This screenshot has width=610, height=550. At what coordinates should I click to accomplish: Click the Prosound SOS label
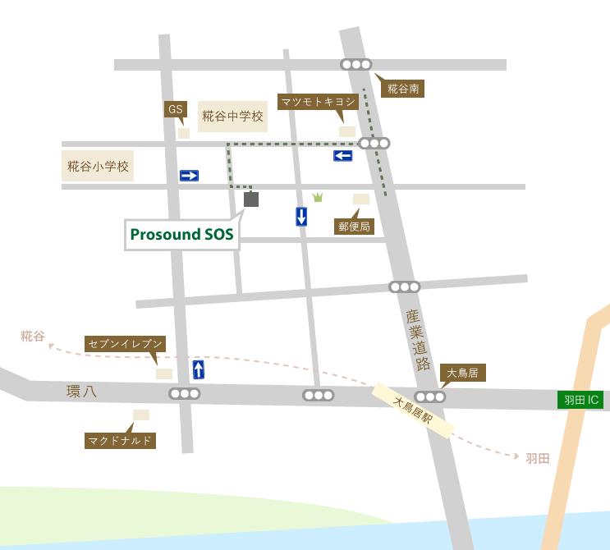point(181,235)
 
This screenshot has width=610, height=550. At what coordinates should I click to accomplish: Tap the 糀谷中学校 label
point(233,117)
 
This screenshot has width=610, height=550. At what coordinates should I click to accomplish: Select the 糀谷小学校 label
point(98,166)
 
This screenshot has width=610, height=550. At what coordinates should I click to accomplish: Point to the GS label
point(175,109)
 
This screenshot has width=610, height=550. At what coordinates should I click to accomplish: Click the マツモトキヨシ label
point(318,102)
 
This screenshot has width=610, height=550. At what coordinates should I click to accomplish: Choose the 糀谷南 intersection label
point(402,89)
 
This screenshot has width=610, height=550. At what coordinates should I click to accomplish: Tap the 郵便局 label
point(355,227)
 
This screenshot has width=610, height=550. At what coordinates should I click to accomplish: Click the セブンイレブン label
point(126,344)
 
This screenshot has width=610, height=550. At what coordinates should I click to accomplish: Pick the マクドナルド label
point(120,441)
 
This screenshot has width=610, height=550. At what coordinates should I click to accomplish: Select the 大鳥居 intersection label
point(463,373)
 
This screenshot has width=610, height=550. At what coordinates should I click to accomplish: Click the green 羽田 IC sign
point(580,400)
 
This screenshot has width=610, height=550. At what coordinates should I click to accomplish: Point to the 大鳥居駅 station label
point(413,410)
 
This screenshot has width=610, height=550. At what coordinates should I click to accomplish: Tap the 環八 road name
point(81,392)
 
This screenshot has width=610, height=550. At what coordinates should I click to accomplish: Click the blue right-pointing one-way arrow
point(189,176)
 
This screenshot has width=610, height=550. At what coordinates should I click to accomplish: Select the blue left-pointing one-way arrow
point(343,156)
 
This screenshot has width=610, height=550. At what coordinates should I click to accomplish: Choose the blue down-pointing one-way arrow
point(301,217)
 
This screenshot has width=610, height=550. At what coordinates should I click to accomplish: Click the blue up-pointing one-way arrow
point(199,369)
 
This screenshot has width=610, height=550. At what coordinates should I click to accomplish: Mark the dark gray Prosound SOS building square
point(251,199)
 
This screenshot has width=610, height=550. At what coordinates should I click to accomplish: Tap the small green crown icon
point(318,197)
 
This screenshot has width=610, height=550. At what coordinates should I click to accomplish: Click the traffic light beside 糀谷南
point(356,64)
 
